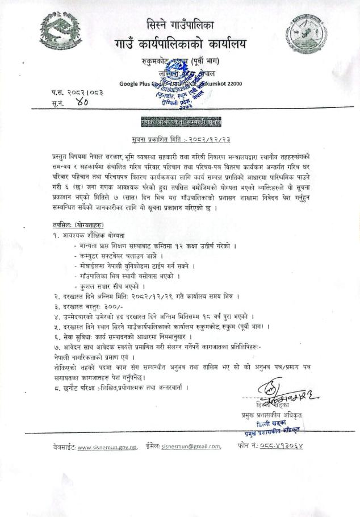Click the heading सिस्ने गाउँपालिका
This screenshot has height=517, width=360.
click(180, 24)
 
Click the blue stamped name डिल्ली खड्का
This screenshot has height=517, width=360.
click(271, 424)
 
